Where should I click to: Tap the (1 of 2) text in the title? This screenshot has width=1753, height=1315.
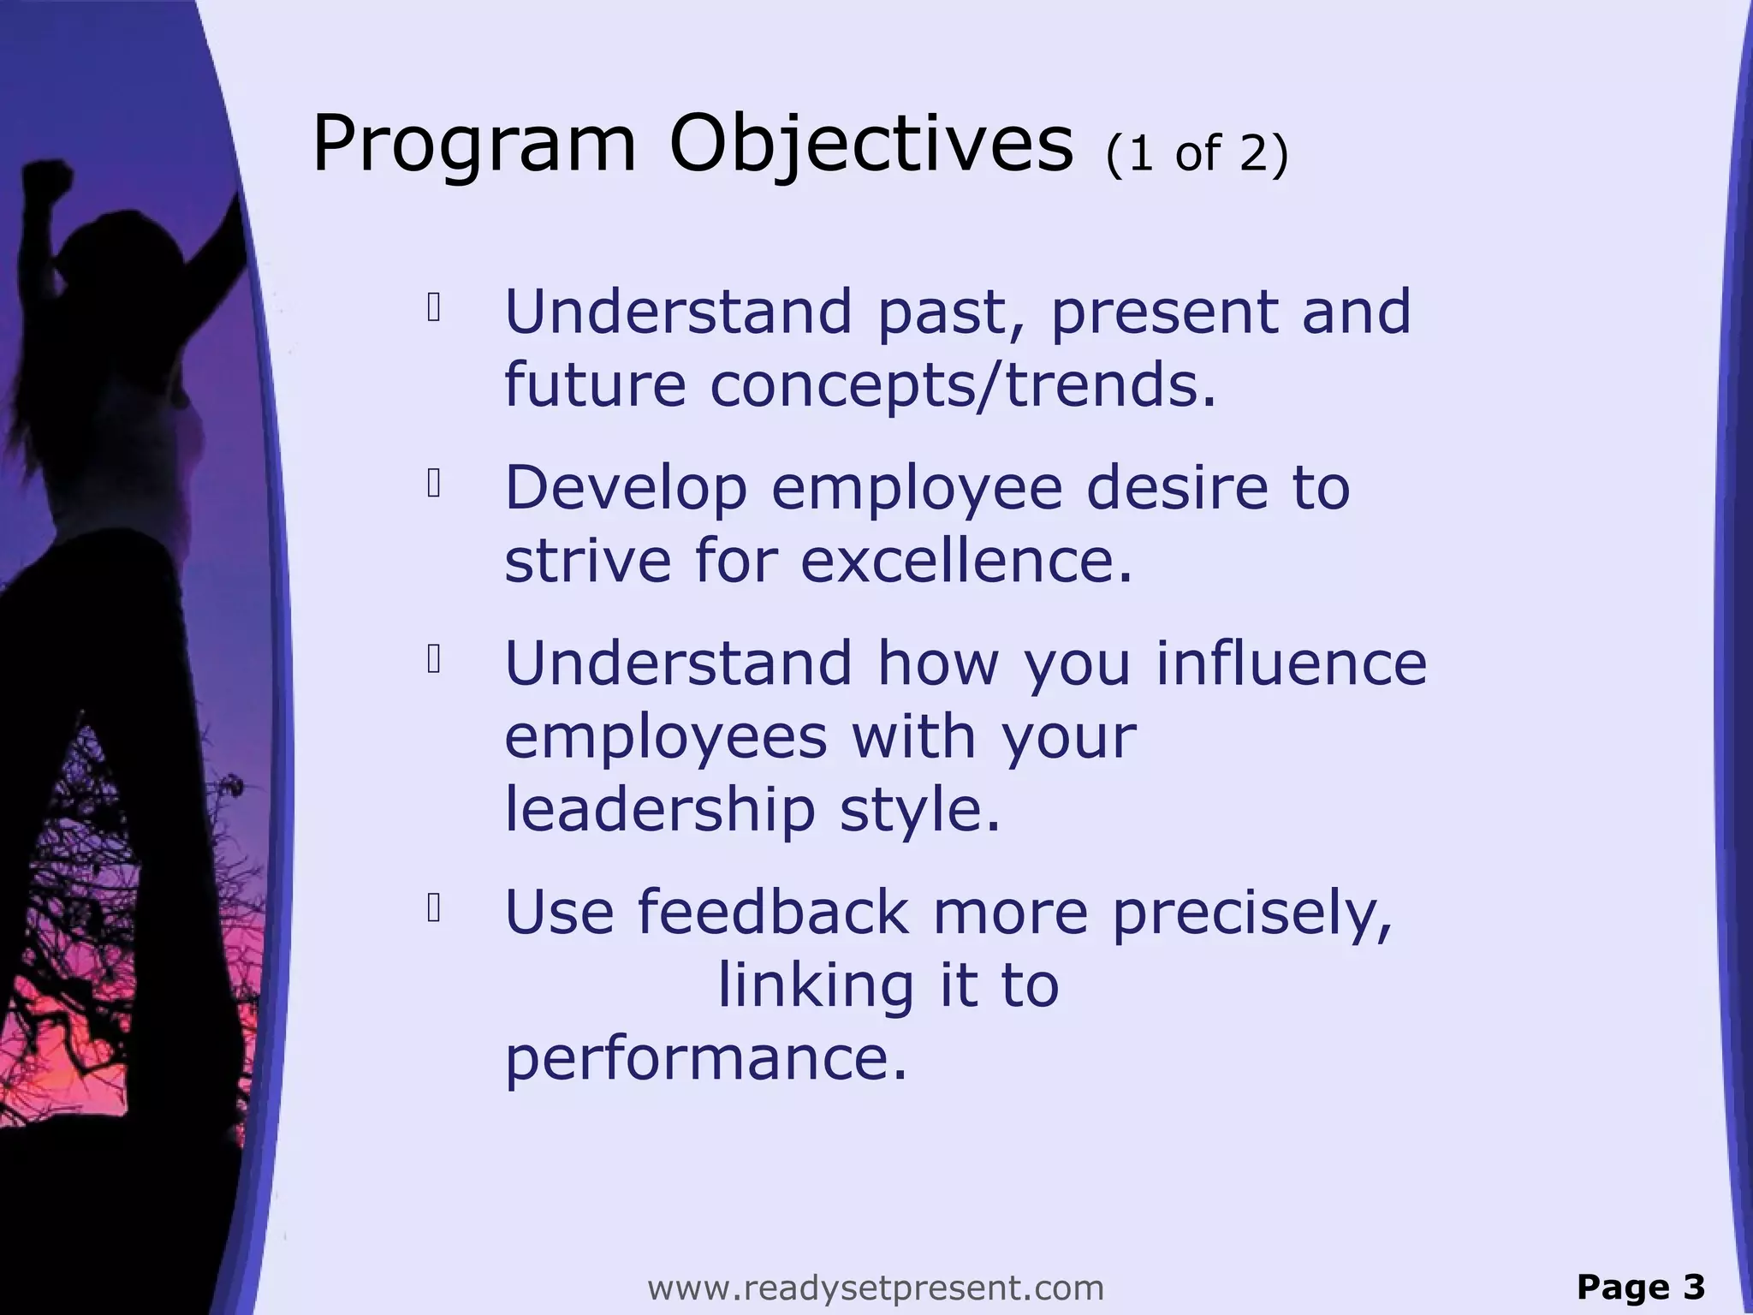[x=1197, y=154]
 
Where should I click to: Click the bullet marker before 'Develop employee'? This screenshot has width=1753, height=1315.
[x=433, y=485]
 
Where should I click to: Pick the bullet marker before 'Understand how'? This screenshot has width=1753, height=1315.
[x=433, y=660]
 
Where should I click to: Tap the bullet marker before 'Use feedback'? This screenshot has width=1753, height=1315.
[x=433, y=909]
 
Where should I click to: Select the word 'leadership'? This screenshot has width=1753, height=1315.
[x=659, y=810]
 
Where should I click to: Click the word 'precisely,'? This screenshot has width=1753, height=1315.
[x=1251, y=913]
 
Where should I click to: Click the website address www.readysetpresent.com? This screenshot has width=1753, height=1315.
[x=876, y=1287]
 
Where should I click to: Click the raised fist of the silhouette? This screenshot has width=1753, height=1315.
[x=47, y=176]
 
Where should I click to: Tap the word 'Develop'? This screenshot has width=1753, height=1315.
[x=626, y=488]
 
